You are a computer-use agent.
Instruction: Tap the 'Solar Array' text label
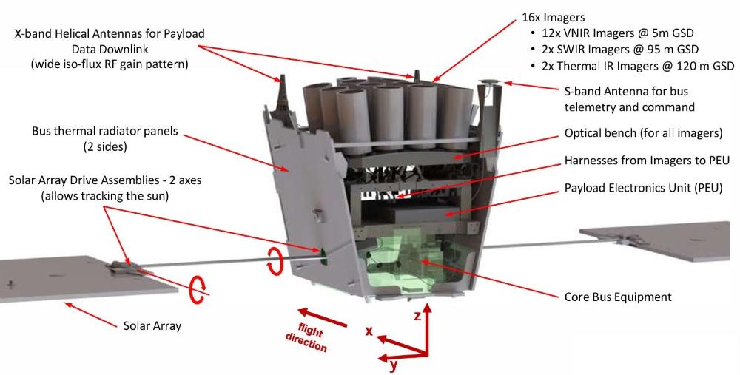pyautogui.click(x=151, y=325)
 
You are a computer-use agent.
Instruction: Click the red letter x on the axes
pyautogui.click(x=368, y=331)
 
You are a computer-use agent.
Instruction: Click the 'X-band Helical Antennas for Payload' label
pyautogui.click(x=108, y=34)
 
